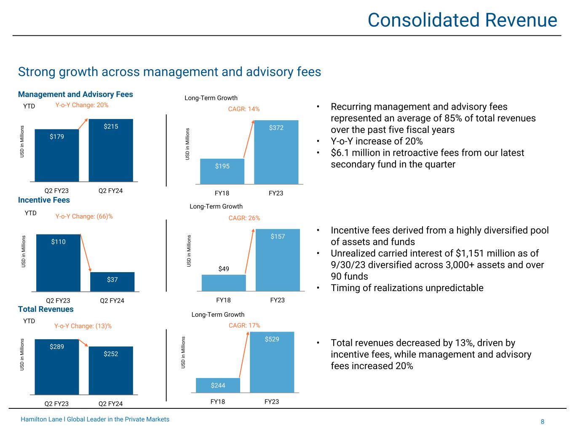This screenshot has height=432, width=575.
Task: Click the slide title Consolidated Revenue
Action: coord(462,20)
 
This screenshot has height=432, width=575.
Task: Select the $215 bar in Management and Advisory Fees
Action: coord(111,150)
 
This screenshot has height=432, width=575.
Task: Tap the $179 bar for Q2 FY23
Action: coord(57,155)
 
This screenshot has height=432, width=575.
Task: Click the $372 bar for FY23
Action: coord(276,152)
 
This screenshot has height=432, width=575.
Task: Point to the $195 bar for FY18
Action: coord(222,171)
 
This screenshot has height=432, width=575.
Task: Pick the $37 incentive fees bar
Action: coord(112,282)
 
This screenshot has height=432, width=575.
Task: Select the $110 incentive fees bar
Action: coord(58,262)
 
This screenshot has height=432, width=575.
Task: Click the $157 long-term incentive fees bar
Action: coord(278,260)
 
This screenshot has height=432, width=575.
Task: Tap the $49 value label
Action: coord(224,269)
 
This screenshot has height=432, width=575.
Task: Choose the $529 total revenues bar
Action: coord(272,362)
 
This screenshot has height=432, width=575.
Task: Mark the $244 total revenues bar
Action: coord(218,385)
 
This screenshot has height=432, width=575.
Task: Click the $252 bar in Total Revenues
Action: coord(111,370)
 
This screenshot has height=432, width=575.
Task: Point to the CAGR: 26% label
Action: coord(244,218)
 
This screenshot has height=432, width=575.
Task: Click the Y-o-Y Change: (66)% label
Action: coord(84,216)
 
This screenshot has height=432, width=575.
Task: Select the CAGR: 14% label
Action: coord(244,109)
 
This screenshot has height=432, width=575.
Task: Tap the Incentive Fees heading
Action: coord(44,200)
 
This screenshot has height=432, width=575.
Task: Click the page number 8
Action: coord(543,422)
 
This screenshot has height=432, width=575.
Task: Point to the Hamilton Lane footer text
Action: coord(95,419)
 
